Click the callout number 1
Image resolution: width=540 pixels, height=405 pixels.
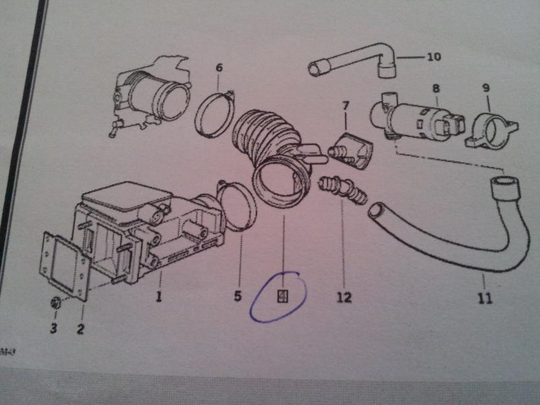coord(159,296)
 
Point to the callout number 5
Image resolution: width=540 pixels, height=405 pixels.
coord(238,295)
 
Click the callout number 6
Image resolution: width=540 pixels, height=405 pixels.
coord(219,68)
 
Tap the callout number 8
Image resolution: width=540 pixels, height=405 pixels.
coord(435,88)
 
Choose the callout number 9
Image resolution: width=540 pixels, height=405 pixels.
coord(486,88)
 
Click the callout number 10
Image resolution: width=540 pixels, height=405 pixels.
coord(433,57)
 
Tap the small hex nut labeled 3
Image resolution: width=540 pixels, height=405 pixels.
coord(57,305)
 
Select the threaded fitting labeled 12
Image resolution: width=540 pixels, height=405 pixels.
coord(342,188)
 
